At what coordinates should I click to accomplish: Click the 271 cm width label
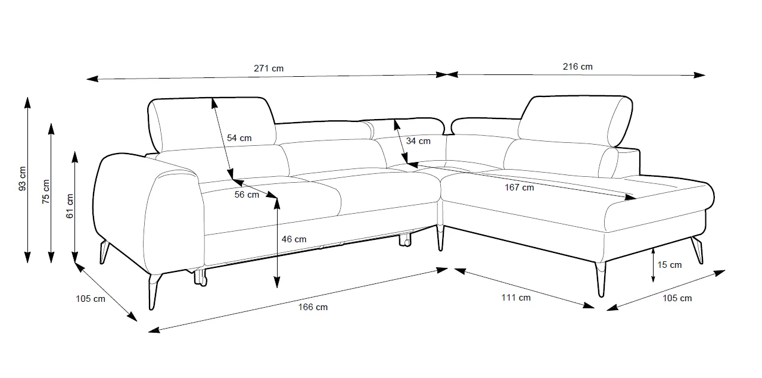click(269, 68)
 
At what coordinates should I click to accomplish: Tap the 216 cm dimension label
click(577, 67)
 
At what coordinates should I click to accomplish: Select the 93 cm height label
click(23, 178)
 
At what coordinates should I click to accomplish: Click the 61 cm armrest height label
click(70, 206)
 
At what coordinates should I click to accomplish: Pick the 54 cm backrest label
click(240, 138)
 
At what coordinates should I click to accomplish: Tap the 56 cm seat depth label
click(247, 195)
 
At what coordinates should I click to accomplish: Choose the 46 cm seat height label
click(294, 239)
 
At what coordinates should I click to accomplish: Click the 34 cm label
click(418, 141)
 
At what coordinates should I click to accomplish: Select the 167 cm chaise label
click(519, 188)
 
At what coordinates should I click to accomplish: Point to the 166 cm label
click(313, 307)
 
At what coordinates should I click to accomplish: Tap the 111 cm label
click(515, 298)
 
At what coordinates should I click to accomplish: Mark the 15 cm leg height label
click(670, 265)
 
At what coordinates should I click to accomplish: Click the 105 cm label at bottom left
click(91, 299)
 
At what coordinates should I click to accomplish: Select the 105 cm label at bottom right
click(677, 298)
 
